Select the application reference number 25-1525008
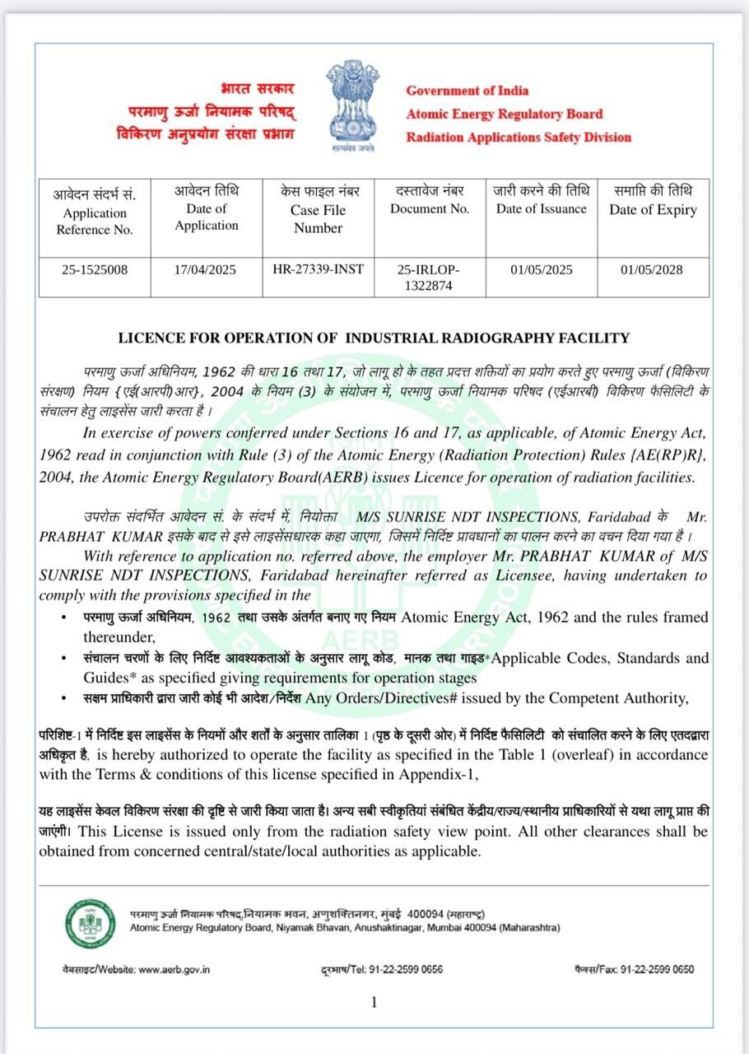[x=95, y=269]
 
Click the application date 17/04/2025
[x=206, y=269]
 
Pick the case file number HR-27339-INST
[x=318, y=269]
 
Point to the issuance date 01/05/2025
[x=541, y=269]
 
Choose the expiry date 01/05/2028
[x=652, y=269]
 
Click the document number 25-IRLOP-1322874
[x=429, y=277]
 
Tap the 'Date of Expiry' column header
[x=653, y=210]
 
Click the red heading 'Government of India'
[x=467, y=91]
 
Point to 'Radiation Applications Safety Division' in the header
[x=519, y=138]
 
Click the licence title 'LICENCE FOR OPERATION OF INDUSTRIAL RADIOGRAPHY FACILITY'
[x=374, y=338]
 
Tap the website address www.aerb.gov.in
[x=174, y=969]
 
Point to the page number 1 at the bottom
[x=374, y=1002]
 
